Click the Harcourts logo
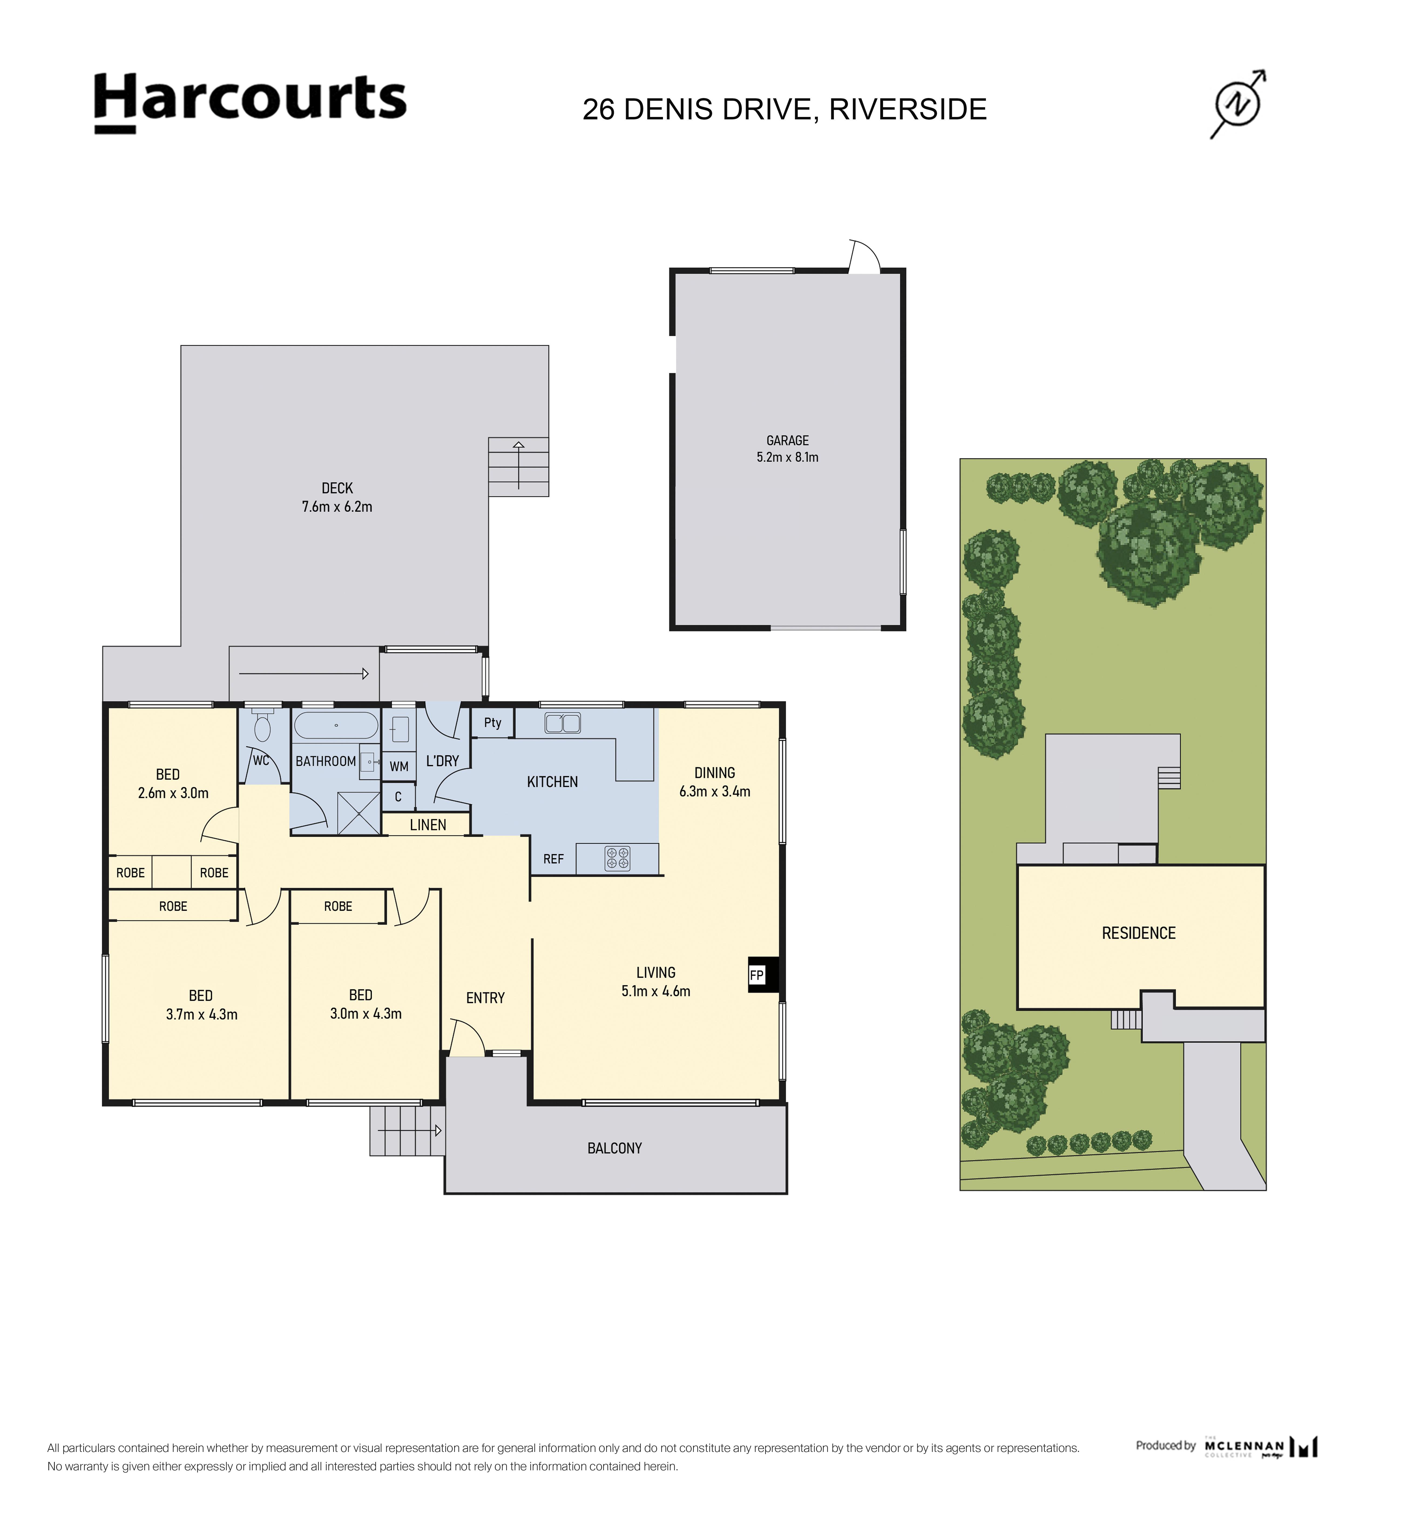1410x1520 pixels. click(x=250, y=103)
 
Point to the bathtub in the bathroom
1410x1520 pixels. click(x=336, y=725)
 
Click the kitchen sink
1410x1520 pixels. click(x=562, y=722)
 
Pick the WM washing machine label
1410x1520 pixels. click(x=399, y=766)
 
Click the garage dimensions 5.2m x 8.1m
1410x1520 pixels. click(x=787, y=457)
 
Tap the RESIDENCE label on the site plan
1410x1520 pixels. click(x=1138, y=933)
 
